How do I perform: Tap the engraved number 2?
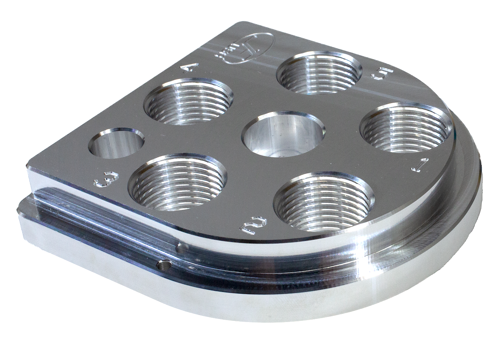point(254,225)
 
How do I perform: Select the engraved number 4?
point(191,69)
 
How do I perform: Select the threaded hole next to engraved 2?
point(324,202)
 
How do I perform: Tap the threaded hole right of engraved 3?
point(178,182)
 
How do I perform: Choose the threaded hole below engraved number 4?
point(188,102)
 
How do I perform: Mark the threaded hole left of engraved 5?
point(319,73)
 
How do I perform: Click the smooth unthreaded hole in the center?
point(283,133)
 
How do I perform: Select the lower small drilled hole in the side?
point(163,265)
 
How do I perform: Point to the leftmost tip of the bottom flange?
point(19,211)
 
